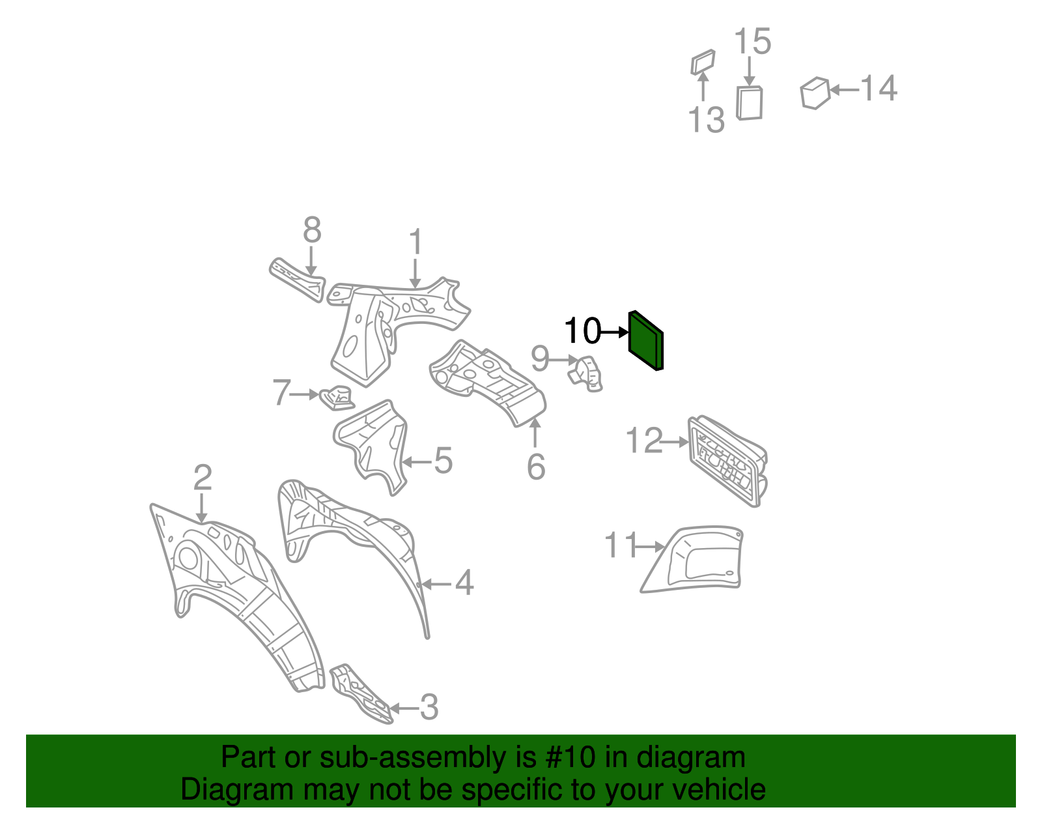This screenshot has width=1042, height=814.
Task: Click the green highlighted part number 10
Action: (x=645, y=341)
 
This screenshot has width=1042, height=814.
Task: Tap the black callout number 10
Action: (x=582, y=331)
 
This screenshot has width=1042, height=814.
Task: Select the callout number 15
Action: (x=752, y=42)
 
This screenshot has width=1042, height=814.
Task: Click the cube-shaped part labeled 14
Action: (x=815, y=93)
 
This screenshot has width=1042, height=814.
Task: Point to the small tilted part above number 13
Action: (x=703, y=62)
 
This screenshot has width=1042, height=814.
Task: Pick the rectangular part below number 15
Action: (x=749, y=103)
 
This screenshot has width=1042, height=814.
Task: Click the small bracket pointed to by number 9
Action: (x=588, y=373)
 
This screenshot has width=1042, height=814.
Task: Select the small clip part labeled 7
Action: (x=337, y=397)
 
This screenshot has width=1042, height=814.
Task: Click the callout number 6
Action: (x=536, y=467)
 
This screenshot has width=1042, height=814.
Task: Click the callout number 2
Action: (x=203, y=478)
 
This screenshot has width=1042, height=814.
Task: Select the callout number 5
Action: (x=443, y=461)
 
